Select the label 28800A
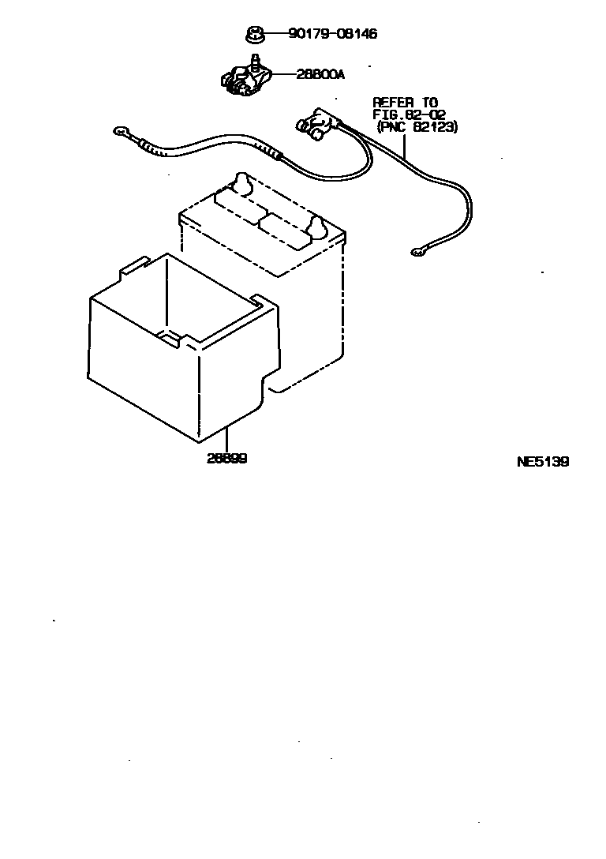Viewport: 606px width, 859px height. tap(320, 75)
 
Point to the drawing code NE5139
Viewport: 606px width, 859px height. tap(542, 462)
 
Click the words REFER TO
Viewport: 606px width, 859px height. tap(405, 102)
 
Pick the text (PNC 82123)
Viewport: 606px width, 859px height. tap(417, 126)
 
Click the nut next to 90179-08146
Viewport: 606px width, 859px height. tap(253, 35)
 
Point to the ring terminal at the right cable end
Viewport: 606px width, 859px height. tap(416, 253)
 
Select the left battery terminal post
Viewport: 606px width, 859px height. tap(241, 183)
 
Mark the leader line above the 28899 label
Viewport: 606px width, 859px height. tap(226, 439)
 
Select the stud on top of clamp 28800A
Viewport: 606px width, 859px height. tap(255, 60)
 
